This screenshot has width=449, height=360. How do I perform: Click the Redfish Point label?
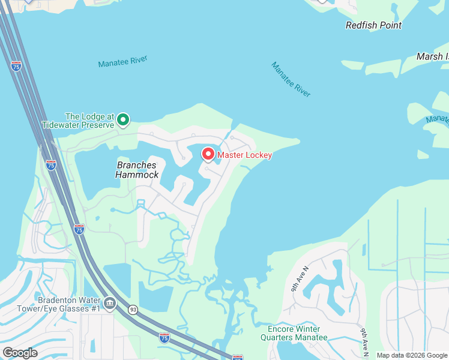tap(373, 25)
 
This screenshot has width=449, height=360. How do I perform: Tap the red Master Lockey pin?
tap(208, 155)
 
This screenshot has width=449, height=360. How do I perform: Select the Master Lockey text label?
tap(244, 155)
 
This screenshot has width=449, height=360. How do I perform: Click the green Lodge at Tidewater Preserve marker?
tap(123, 120)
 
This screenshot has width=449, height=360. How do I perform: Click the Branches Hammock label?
tap(137, 170)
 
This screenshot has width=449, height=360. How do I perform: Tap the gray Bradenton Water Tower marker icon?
tap(109, 303)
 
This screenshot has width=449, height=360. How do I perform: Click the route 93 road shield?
tap(133, 310)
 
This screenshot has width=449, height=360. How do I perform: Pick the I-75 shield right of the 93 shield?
tap(164, 338)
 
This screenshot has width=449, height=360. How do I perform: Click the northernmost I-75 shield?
tap(16, 66)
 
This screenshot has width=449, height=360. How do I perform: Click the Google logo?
tap(20, 352)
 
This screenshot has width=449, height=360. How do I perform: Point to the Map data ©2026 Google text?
tap(412, 355)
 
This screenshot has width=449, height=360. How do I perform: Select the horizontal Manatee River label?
tap(122, 61)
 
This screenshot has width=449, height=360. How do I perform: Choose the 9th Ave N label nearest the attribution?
tap(364, 340)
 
